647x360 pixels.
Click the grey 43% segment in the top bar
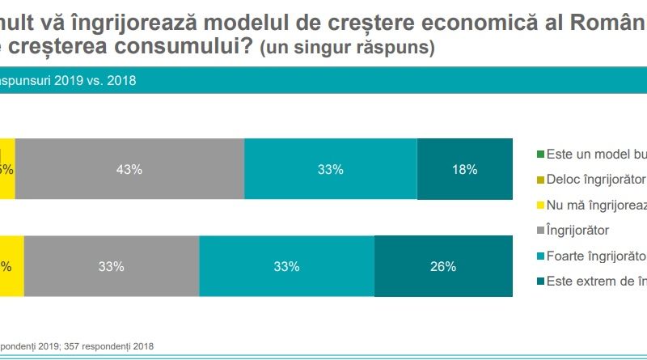(x=129, y=169)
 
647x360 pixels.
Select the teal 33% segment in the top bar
(x=330, y=169)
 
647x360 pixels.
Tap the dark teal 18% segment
(x=464, y=169)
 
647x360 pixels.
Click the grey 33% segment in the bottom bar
(x=112, y=265)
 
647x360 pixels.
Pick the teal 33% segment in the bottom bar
(x=286, y=265)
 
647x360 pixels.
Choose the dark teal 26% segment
(x=443, y=265)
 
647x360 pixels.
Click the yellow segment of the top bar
(x=6, y=169)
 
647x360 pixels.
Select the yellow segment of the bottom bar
(x=11, y=265)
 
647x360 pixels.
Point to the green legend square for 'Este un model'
(x=540, y=153)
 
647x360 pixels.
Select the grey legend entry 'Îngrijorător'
(x=577, y=231)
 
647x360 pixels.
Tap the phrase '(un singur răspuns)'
(x=347, y=49)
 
